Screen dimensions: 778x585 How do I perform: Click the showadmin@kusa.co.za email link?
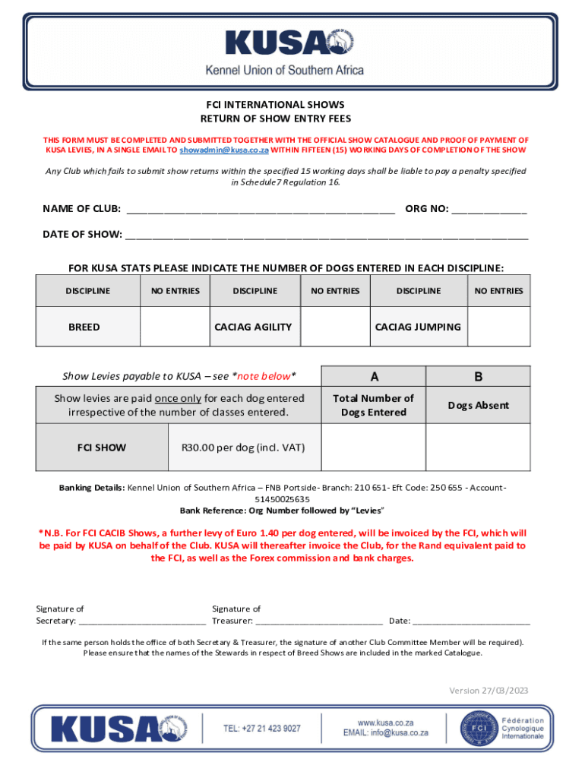[225, 150]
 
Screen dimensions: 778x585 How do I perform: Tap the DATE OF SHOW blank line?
[327, 236]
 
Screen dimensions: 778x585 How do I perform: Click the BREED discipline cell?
[84, 327]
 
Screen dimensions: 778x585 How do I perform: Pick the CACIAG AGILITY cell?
[253, 327]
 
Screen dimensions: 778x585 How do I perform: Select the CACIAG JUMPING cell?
[418, 327]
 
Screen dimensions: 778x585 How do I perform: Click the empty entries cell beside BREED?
[175, 327]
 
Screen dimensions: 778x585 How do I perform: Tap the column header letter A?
[373, 376]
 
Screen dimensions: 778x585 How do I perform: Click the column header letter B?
[478, 376]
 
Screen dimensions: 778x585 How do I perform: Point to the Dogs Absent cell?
[478, 405]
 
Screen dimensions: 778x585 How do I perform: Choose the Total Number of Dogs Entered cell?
[373, 405]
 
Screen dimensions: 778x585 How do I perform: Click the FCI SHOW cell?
[102, 447]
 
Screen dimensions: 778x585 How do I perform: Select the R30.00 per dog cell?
[242, 447]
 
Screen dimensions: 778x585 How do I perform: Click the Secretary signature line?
[142, 621]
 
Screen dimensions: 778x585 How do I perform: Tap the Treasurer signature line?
[318, 621]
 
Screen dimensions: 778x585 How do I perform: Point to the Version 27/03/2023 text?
[488, 691]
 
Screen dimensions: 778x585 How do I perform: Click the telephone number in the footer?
[261, 728]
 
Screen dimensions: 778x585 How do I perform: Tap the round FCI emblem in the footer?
[468, 728]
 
